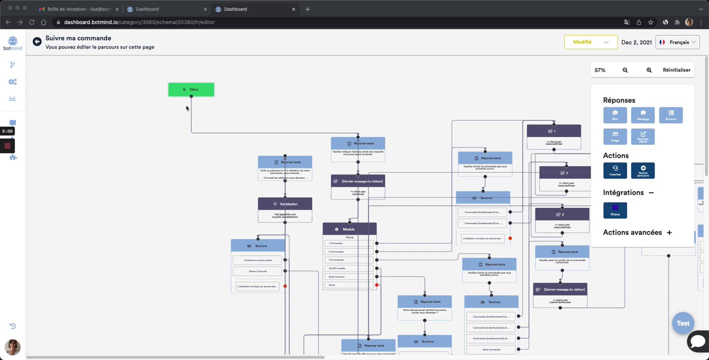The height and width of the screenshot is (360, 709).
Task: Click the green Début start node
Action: coord(191,89)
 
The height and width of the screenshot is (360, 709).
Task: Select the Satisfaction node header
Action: coord(285,204)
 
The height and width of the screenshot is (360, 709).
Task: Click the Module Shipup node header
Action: coord(349,229)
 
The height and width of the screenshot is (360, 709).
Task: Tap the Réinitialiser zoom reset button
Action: coord(676,70)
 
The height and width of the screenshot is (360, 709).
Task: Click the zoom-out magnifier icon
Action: coord(625,70)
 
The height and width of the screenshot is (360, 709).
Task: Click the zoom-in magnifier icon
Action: coord(649,70)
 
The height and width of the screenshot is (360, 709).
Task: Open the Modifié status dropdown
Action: coord(590,42)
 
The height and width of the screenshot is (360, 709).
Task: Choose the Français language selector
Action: coord(678,42)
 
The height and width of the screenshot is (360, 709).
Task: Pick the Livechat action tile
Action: coord(615,170)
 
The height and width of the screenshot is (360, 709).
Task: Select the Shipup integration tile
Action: coord(615,210)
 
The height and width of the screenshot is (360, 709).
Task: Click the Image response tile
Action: coord(615,136)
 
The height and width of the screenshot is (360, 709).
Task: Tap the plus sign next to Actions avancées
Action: coord(669,232)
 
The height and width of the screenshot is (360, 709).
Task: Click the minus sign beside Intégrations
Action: coord(651,192)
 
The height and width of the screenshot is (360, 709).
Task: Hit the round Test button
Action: coord(683,323)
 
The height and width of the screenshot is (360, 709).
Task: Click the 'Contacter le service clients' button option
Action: coord(257,260)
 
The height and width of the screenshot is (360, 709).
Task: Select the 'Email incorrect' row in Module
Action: coord(349,276)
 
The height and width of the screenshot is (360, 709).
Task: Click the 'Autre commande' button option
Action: coord(490,349)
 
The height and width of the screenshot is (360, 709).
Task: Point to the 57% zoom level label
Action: coord(600,70)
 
